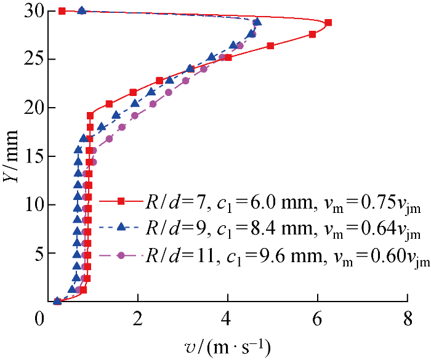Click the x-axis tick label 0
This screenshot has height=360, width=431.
[x=41, y=319]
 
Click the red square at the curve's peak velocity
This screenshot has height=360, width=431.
[x=328, y=23]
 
